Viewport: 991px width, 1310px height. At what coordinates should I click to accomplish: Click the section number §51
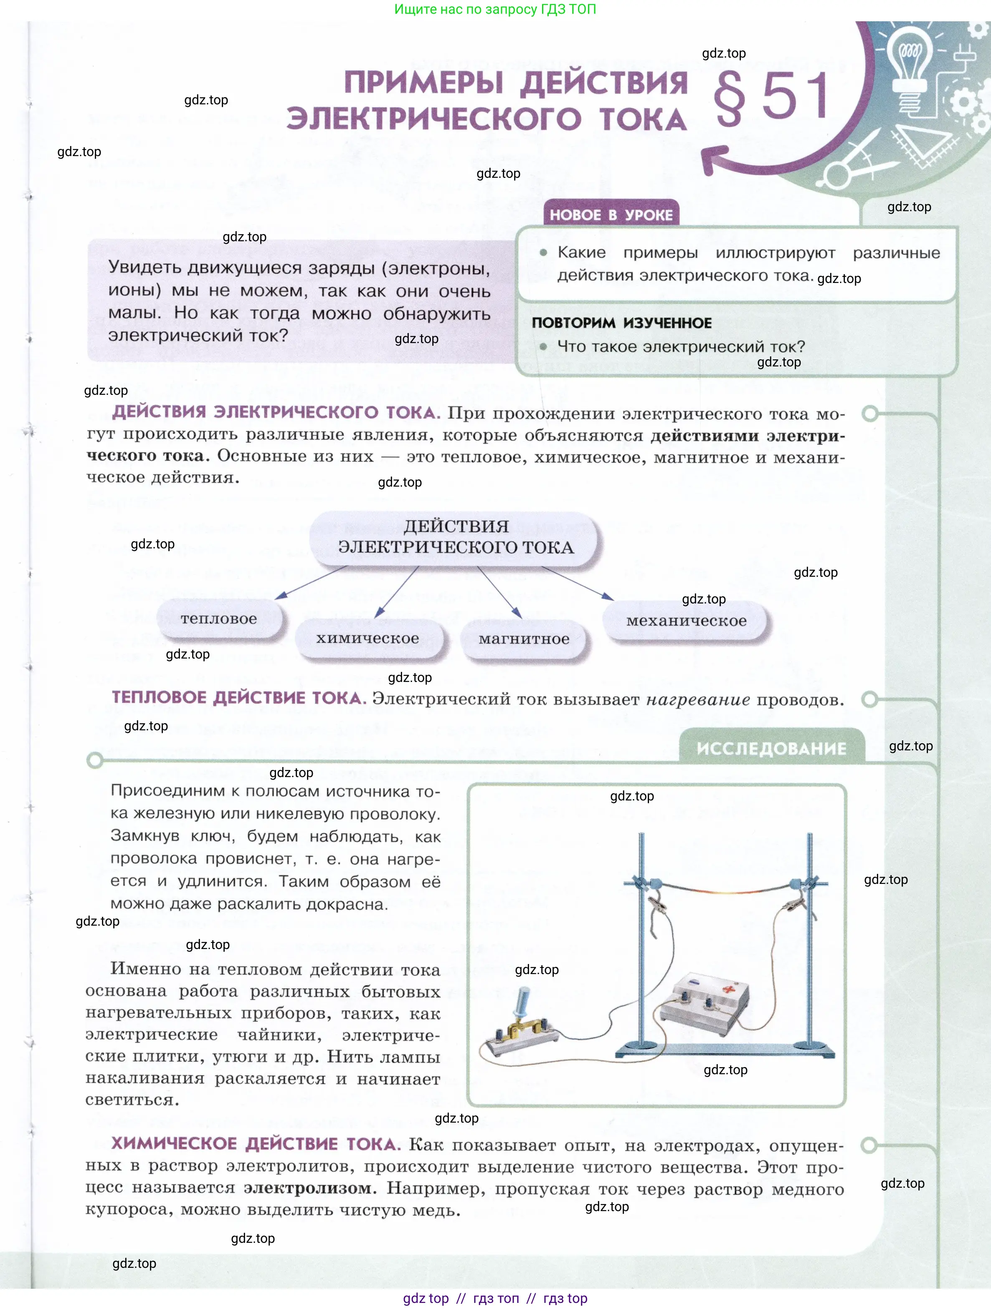[771, 97]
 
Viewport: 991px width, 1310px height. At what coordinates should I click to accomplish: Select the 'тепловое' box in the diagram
[219, 619]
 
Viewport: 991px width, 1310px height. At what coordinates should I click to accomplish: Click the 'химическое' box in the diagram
[368, 639]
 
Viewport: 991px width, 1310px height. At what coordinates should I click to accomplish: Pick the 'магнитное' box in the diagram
[524, 639]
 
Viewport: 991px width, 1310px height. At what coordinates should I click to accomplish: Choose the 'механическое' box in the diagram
[687, 621]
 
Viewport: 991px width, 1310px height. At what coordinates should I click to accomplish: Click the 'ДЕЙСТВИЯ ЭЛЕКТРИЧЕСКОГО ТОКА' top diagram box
[456, 537]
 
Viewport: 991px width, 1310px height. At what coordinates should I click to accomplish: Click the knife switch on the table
[522, 1027]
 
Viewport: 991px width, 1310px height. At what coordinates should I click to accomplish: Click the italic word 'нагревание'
[697, 700]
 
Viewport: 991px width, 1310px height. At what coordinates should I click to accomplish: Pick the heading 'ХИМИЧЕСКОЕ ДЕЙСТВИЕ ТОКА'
[256, 1143]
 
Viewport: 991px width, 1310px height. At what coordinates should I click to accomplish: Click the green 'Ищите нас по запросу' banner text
[495, 10]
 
